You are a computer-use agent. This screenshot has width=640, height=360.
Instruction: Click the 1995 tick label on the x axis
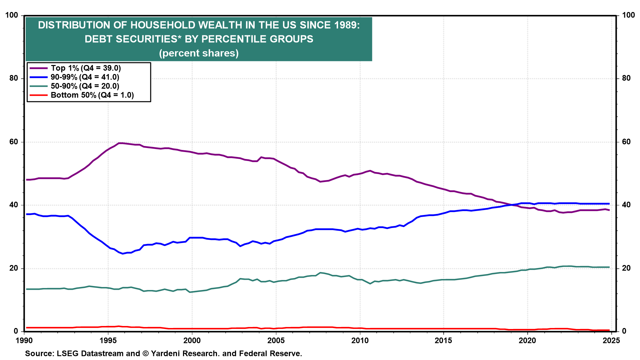(x=108, y=340)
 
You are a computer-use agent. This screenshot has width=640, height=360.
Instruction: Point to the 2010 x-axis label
(x=360, y=340)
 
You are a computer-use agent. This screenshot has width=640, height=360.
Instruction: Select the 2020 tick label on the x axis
(x=528, y=340)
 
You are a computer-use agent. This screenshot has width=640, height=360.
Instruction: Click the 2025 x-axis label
(x=611, y=340)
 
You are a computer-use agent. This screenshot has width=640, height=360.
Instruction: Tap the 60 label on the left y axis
(x=14, y=142)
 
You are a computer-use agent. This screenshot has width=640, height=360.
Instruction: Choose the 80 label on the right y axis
(x=626, y=78)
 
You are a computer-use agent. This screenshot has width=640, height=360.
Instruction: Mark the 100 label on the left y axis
(x=12, y=15)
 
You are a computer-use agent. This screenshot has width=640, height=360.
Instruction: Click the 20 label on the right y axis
(x=626, y=268)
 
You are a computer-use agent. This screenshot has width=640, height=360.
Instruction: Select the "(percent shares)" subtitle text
(x=199, y=53)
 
